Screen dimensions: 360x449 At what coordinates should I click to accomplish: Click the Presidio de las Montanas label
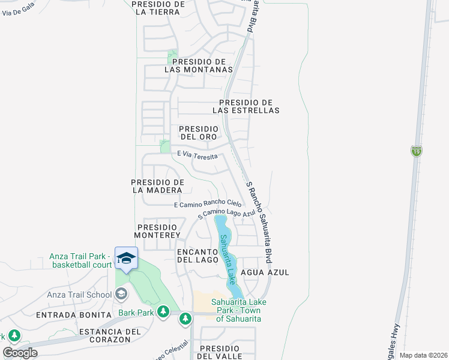pyautogui.click(x=198, y=65)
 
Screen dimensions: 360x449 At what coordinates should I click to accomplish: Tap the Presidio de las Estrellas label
pyautogui.click(x=246, y=106)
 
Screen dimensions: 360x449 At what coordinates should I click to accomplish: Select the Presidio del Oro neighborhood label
pyautogui.click(x=198, y=133)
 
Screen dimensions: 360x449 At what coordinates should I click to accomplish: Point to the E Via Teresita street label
pyautogui.click(x=197, y=155)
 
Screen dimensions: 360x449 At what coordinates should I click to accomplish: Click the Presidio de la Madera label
pyautogui.click(x=157, y=186)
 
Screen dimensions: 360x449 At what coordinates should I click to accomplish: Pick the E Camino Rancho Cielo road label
pyautogui.click(x=207, y=204)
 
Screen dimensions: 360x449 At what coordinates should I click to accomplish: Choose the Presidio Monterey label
pyautogui.click(x=157, y=231)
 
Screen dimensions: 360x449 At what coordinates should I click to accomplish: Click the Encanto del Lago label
pyautogui.click(x=196, y=256)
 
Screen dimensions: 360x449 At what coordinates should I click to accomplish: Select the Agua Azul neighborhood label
pyautogui.click(x=265, y=272)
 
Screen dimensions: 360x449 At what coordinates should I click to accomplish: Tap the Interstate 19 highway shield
pyautogui.click(x=416, y=151)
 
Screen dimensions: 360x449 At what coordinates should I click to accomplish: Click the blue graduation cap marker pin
pyautogui.click(x=126, y=259)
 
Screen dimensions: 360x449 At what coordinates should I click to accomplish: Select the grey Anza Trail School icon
pyautogui.click(x=121, y=294)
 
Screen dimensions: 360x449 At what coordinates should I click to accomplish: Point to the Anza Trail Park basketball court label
pyautogui.click(x=80, y=260)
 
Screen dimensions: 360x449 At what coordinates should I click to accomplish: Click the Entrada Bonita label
pyautogui.click(x=74, y=315)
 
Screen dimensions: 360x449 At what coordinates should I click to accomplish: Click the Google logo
pyautogui.click(x=20, y=353)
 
